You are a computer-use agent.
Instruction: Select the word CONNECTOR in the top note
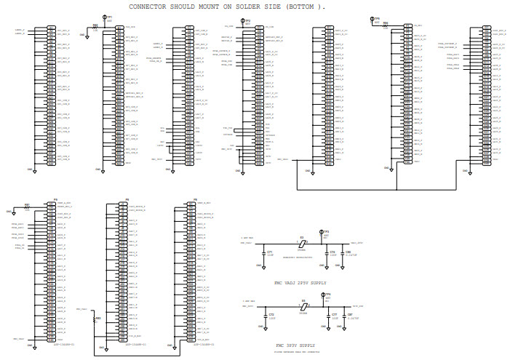click(x=149, y=6)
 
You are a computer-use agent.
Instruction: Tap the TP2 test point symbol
click(x=244, y=22)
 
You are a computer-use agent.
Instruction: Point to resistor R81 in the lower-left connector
click(x=27, y=207)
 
